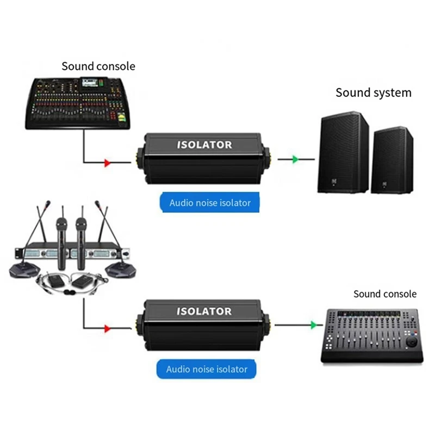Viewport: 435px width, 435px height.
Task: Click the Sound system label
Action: [x=373, y=92]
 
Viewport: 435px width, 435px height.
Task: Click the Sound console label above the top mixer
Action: [x=98, y=66]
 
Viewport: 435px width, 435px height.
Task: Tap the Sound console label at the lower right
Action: [x=384, y=294]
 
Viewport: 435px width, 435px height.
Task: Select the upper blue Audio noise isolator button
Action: [x=210, y=203]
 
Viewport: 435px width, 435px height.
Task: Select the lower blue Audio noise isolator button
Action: [x=207, y=369]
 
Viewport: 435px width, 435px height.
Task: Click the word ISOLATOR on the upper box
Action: [x=204, y=145]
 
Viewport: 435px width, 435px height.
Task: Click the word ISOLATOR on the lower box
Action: [x=204, y=311]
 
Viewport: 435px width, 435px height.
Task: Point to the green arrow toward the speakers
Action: [x=294, y=159]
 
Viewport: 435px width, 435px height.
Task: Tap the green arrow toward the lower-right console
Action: [x=313, y=325]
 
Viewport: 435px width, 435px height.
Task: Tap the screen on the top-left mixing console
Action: [x=91, y=83]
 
